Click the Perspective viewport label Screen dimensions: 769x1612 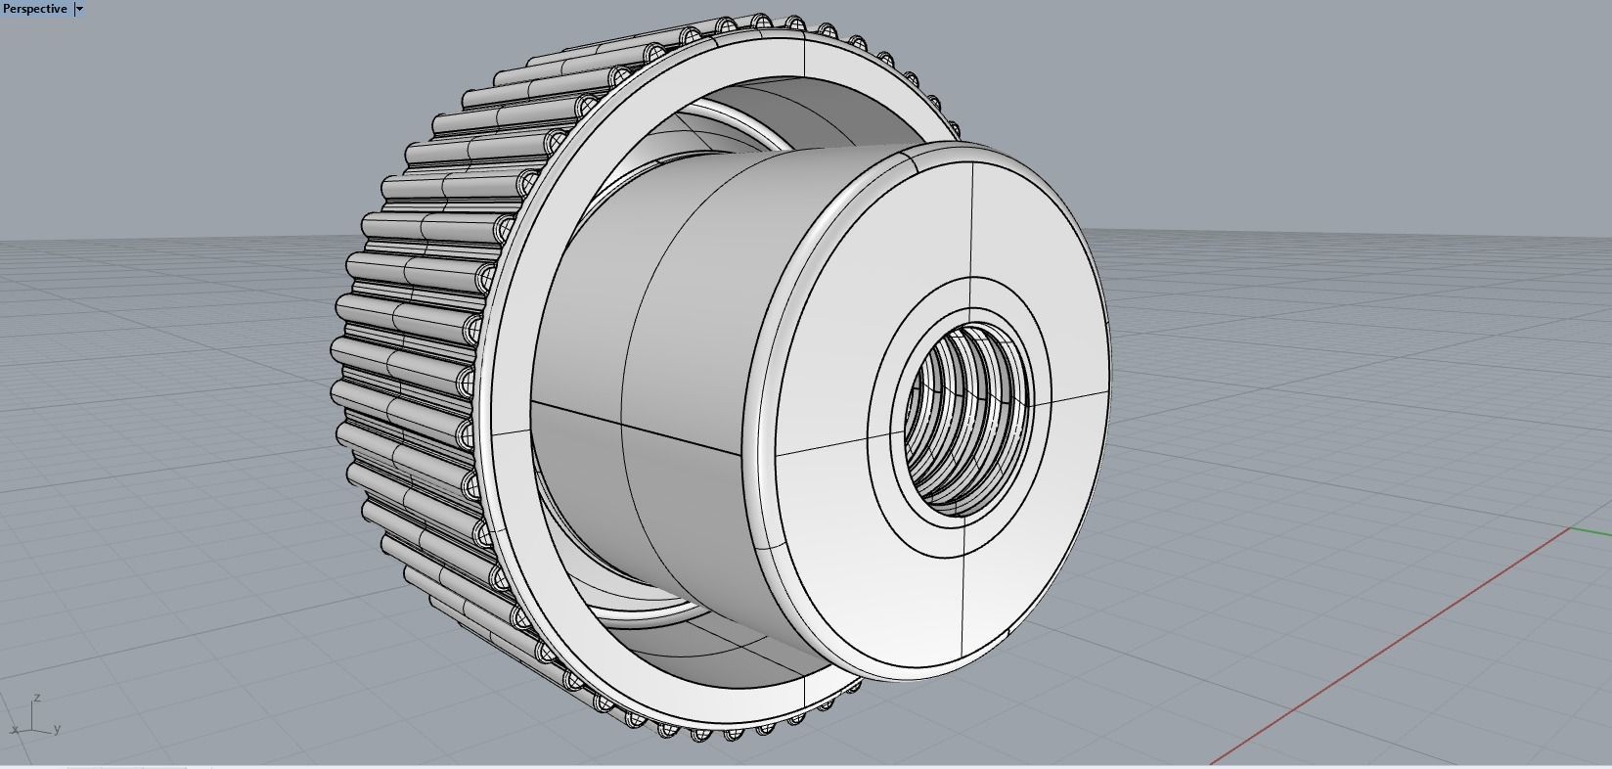pyautogui.click(x=35, y=9)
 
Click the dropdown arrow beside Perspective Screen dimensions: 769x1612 pyautogui.click(x=79, y=9)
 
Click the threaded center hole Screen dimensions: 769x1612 pyautogui.click(x=959, y=421)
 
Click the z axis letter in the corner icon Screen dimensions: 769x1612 pyautogui.click(x=36, y=698)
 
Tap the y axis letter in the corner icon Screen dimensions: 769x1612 pyautogui.click(x=58, y=728)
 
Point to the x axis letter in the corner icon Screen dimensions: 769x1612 pyautogui.click(x=15, y=730)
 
